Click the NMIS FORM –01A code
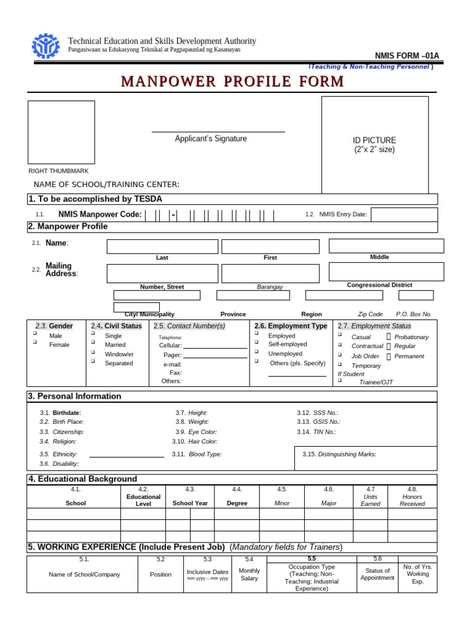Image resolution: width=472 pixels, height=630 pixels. point(407,56)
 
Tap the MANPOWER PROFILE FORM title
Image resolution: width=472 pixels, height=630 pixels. point(232,81)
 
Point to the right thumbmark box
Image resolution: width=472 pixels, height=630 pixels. point(61,132)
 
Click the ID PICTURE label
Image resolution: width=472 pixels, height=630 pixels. point(374,140)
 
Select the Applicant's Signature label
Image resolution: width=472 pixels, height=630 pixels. point(211,139)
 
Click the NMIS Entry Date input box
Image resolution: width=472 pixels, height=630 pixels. point(404,214)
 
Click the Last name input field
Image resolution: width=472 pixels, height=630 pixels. point(162,247)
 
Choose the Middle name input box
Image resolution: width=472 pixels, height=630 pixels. point(386,246)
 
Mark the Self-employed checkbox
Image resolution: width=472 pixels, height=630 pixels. point(256,343)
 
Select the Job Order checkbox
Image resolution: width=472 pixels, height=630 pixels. point(339,355)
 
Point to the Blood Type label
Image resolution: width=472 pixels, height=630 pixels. point(205,455)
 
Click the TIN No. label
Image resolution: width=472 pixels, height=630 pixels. point(324,432)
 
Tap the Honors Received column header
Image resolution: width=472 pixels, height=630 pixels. point(412,500)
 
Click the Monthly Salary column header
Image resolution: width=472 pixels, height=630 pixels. point(249,575)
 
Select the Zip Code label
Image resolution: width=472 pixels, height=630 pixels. point(370,314)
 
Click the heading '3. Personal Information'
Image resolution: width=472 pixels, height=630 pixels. point(74,396)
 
